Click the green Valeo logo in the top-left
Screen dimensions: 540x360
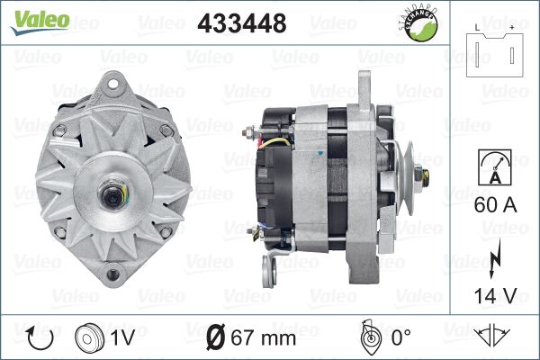point(40,22)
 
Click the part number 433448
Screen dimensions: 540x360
point(242,23)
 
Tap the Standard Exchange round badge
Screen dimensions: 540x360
point(419,24)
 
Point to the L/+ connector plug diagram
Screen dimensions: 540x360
point(494,51)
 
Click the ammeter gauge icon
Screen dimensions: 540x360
point(495,167)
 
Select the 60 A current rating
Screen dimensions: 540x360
point(495,204)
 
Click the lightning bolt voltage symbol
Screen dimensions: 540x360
point(494,258)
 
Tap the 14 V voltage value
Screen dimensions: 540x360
point(495,295)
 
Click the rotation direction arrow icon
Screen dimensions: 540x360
point(40,338)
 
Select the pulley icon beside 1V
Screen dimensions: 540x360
point(89,338)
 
